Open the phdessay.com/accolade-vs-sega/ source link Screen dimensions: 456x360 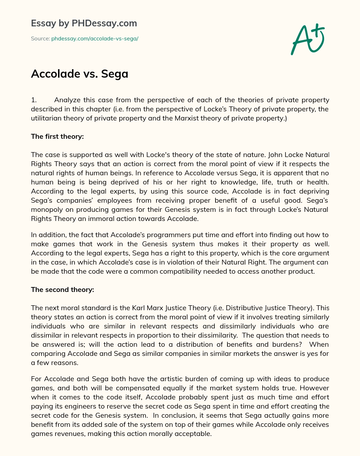point(95,39)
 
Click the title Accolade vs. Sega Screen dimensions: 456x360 point(79,74)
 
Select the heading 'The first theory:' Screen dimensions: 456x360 point(57,136)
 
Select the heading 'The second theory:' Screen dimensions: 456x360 point(62,289)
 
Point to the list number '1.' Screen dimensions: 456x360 point(34,100)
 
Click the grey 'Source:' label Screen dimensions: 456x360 point(40,39)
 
